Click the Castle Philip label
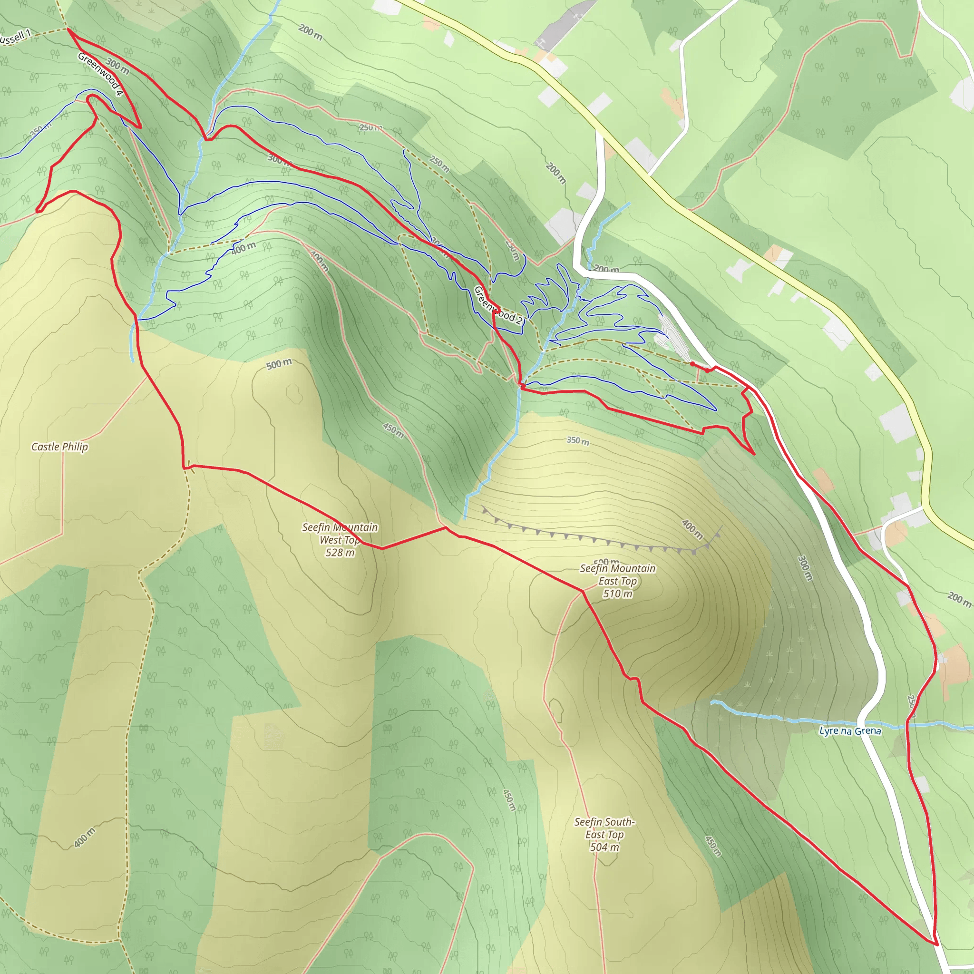[x=59, y=447]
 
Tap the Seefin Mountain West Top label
[x=340, y=534]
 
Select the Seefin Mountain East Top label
[x=618, y=574]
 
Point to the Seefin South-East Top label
[x=604, y=828]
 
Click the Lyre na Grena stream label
[x=850, y=731]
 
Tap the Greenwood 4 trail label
[x=100, y=74]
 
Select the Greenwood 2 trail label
[x=498, y=305]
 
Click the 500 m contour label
[x=279, y=364]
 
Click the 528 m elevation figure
[x=340, y=553]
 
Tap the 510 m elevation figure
[x=618, y=594]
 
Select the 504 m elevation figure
[x=604, y=847]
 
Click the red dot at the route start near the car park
[x=692, y=363]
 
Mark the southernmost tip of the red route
[x=936, y=944]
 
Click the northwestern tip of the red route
[x=68, y=30]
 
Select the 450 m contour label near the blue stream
[x=393, y=430]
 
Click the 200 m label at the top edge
[x=310, y=32]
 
